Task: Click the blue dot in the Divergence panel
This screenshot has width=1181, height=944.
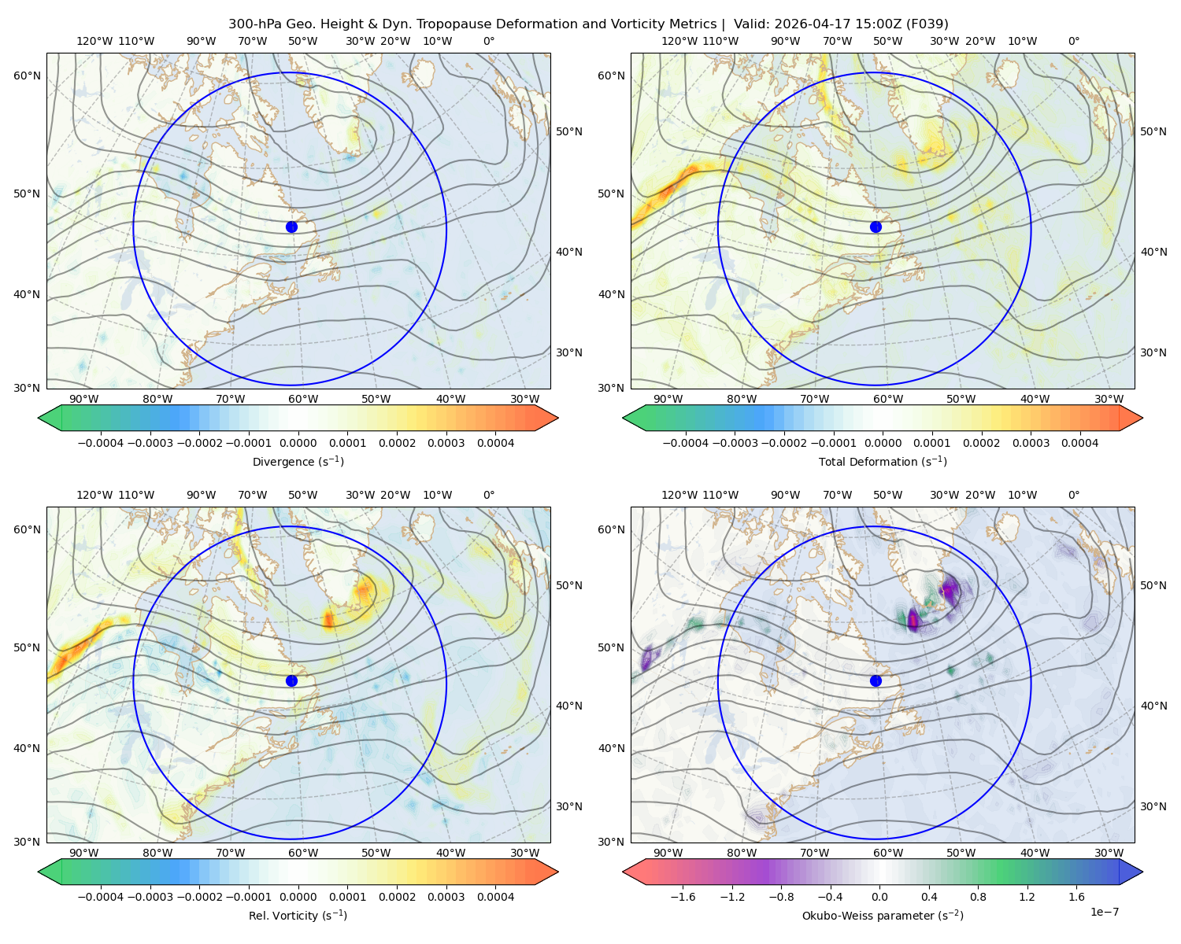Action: [291, 227]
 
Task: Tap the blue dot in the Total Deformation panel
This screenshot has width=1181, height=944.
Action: [876, 227]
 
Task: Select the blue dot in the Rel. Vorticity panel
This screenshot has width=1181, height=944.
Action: [291, 680]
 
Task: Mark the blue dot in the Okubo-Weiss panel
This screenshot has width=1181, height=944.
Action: [876, 680]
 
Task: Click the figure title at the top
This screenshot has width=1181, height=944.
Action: [588, 24]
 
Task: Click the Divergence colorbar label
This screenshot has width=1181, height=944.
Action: [298, 461]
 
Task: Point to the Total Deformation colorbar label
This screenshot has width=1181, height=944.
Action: [883, 461]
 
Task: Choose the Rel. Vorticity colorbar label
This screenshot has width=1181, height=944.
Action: [298, 915]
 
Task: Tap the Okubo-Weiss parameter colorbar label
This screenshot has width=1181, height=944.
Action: [883, 915]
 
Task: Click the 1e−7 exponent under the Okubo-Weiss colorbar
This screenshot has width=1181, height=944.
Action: [1104, 912]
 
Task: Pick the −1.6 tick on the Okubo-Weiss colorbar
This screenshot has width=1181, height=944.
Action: [683, 896]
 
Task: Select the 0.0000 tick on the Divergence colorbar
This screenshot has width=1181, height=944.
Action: [298, 443]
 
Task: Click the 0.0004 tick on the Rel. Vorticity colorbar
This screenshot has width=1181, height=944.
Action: [495, 896]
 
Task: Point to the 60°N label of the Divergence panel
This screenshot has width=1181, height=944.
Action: [27, 76]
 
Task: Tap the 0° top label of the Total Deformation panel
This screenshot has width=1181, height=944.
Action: [1073, 41]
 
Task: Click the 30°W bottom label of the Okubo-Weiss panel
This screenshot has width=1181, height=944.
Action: [1109, 853]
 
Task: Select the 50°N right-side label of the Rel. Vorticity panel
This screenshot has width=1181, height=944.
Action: [569, 584]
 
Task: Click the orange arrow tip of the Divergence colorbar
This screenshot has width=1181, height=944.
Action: [557, 418]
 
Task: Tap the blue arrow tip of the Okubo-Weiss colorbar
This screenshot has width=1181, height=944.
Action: [1142, 872]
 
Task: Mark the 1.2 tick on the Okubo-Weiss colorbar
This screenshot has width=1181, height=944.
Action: [1027, 896]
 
